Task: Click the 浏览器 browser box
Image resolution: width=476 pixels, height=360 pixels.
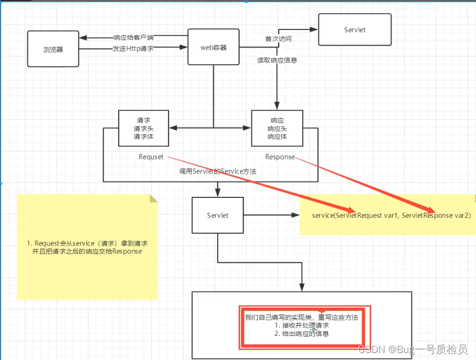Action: (53, 49)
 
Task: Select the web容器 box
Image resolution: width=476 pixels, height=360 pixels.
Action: (213, 48)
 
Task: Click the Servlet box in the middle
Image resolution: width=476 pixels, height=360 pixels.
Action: (218, 216)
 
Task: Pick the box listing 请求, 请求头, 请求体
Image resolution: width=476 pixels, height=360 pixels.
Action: (144, 128)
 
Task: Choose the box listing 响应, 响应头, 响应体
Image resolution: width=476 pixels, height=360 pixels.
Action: (277, 128)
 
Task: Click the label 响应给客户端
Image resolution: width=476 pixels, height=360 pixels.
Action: (133, 38)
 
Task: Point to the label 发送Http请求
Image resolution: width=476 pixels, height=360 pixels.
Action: (133, 48)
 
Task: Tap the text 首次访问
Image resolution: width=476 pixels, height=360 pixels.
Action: (279, 39)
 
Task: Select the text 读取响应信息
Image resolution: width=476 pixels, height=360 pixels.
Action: (277, 60)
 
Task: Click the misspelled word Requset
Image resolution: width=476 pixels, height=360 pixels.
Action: (151, 157)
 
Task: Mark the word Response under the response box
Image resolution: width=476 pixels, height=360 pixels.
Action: (280, 157)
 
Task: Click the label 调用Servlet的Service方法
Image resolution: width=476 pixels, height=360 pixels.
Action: (218, 172)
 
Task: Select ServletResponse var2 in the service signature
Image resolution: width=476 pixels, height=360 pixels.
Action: (436, 215)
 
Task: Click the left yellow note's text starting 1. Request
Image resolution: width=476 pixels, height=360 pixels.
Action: (87, 247)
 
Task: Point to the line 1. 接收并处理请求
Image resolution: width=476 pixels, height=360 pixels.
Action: (302, 325)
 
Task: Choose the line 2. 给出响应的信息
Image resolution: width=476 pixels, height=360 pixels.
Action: (302, 333)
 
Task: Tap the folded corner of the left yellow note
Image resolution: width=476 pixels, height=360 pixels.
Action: (154, 198)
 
